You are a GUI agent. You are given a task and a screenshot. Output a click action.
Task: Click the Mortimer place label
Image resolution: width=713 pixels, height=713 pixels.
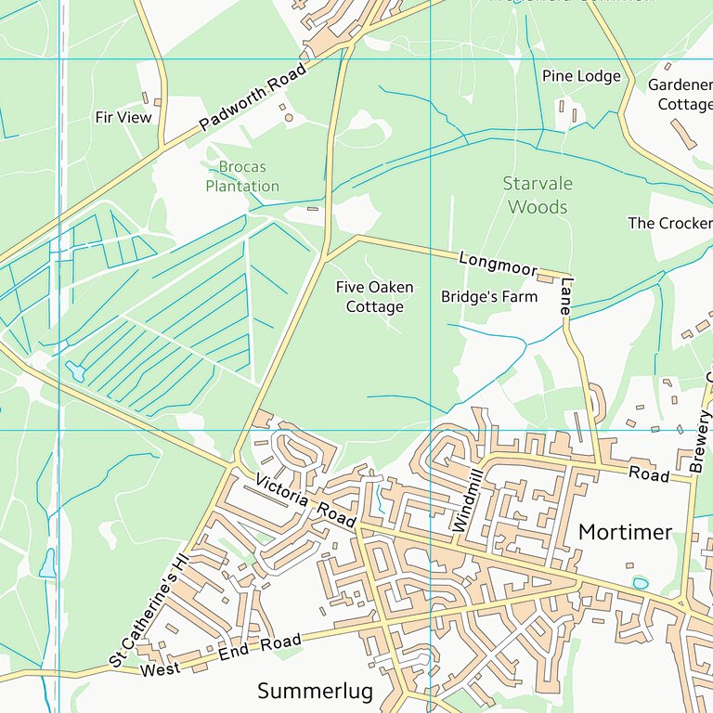click(625, 532)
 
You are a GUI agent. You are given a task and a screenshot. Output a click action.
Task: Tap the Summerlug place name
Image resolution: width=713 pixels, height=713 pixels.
click(315, 691)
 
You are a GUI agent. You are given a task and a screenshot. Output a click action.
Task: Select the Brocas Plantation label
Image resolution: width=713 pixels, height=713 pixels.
click(241, 176)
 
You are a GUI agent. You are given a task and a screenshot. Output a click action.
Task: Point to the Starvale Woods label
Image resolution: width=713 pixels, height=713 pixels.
click(538, 195)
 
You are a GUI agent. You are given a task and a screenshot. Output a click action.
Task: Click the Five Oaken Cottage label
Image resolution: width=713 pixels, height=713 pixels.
click(375, 297)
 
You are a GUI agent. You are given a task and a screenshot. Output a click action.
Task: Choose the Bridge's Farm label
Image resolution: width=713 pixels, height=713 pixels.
click(488, 297)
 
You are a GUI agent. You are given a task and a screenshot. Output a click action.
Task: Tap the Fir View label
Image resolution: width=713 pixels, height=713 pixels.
click(123, 118)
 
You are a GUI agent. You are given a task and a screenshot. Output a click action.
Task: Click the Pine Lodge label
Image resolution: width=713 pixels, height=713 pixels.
click(581, 76)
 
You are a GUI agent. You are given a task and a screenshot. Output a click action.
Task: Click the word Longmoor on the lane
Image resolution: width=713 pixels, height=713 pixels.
click(499, 263)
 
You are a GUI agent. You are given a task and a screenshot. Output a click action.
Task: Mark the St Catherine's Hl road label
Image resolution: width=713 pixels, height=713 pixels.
click(149, 612)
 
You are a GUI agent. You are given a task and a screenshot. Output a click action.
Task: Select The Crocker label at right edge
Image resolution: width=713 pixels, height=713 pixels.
click(669, 223)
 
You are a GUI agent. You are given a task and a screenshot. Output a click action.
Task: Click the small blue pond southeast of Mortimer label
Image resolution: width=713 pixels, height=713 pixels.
click(640, 583)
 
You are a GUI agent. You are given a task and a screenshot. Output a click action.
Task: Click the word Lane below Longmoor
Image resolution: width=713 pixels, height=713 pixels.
click(566, 297)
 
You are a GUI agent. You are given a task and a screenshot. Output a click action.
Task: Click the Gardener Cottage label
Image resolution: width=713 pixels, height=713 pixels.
click(680, 95)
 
